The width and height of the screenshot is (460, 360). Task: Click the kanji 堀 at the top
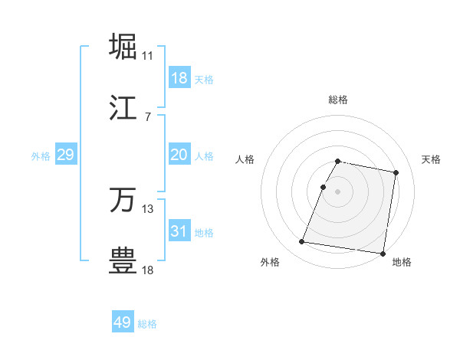pos(123,46)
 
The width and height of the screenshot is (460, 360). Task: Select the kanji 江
pos(123,107)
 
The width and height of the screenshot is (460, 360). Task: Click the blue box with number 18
pos(179,78)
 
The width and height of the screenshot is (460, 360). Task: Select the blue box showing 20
pos(179,155)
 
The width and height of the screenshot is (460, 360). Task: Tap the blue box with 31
pos(179,231)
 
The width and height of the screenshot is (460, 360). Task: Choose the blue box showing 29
pos(65,155)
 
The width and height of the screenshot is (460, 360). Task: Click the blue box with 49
pos(123,322)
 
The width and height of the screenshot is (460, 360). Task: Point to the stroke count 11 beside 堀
pos(148,56)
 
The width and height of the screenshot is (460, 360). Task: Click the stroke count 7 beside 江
pos(147,117)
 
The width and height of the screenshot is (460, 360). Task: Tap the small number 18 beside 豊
pos(148,270)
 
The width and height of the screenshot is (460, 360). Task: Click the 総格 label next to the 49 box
pos(147,324)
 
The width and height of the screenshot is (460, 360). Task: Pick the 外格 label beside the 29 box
pos(41,156)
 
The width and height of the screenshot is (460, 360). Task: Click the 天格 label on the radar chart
pos(432,159)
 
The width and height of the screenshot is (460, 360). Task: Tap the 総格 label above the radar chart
pos(338,100)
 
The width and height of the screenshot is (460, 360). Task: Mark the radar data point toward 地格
pos(383,254)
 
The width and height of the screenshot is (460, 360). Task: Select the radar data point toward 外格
pos(302,242)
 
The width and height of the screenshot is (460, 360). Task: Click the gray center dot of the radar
pos(338,191)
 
